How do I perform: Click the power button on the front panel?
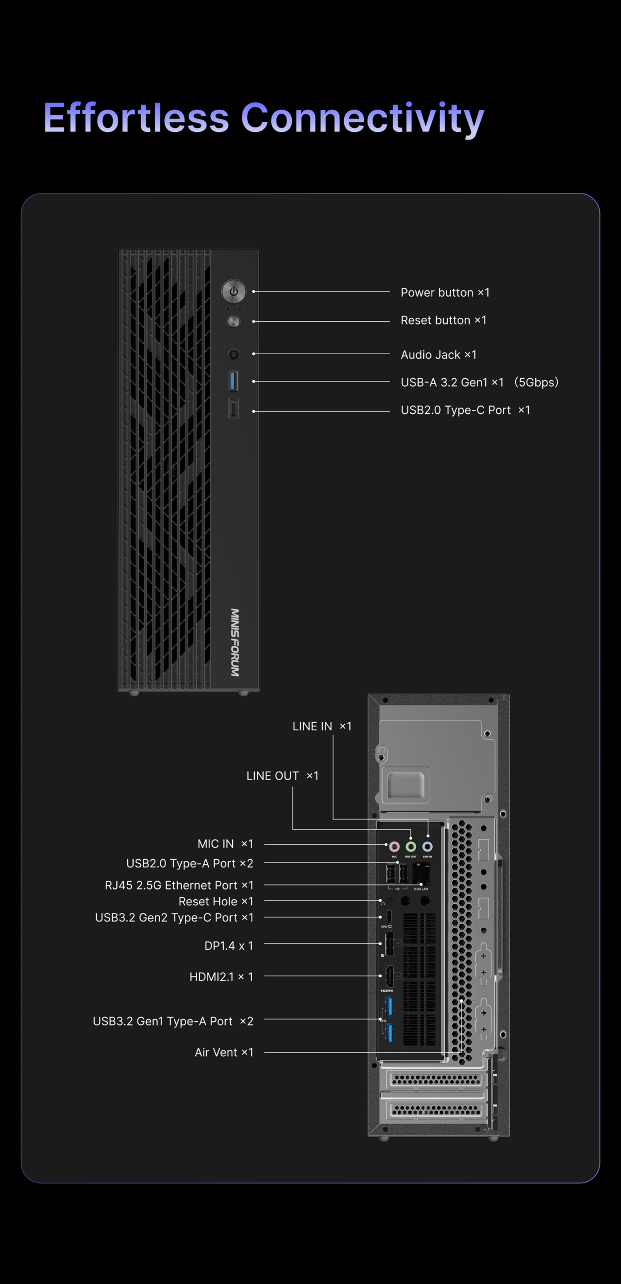pyautogui.click(x=233, y=291)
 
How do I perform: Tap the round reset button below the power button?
pyautogui.click(x=233, y=322)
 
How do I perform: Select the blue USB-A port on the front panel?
pyautogui.click(x=233, y=381)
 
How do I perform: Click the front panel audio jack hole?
pyautogui.click(x=233, y=354)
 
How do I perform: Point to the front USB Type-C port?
pyautogui.click(x=233, y=409)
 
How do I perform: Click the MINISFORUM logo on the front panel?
pyautogui.click(x=235, y=642)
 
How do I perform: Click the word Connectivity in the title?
pyautogui.click(x=362, y=119)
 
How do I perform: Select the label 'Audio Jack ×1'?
pyautogui.click(x=439, y=354)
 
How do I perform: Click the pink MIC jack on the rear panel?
pyautogui.click(x=394, y=846)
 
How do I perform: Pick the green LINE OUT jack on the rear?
pyautogui.click(x=411, y=846)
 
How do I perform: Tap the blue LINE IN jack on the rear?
pyautogui.click(x=427, y=846)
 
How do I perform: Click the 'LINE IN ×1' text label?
pyautogui.click(x=322, y=726)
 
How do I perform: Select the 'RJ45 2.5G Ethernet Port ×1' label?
pyautogui.click(x=179, y=885)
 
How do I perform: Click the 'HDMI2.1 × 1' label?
pyautogui.click(x=222, y=976)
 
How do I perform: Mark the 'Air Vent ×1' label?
pyautogui.click(x=224, y=1052)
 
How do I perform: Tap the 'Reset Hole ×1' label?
pyautogui.click(x=216, y=901)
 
